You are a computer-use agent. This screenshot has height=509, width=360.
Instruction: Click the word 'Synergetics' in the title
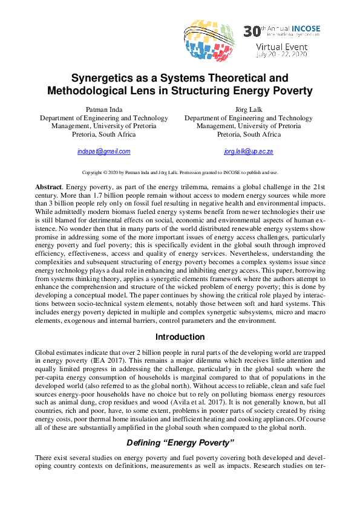pos(107,78)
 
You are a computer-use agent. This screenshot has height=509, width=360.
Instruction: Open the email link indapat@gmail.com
pos(103,151)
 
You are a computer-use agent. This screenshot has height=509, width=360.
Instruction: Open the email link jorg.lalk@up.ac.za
pos(248,151)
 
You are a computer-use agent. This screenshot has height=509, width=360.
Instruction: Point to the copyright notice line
pos(180,172)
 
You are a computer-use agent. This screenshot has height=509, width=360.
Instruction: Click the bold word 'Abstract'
pos(48,188)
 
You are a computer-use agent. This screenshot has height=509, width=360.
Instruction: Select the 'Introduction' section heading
pos(180,337)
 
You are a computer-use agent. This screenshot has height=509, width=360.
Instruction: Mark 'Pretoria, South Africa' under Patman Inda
pos(103,134)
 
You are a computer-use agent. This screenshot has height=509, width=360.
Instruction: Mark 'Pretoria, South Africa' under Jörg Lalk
pos(248,134)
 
